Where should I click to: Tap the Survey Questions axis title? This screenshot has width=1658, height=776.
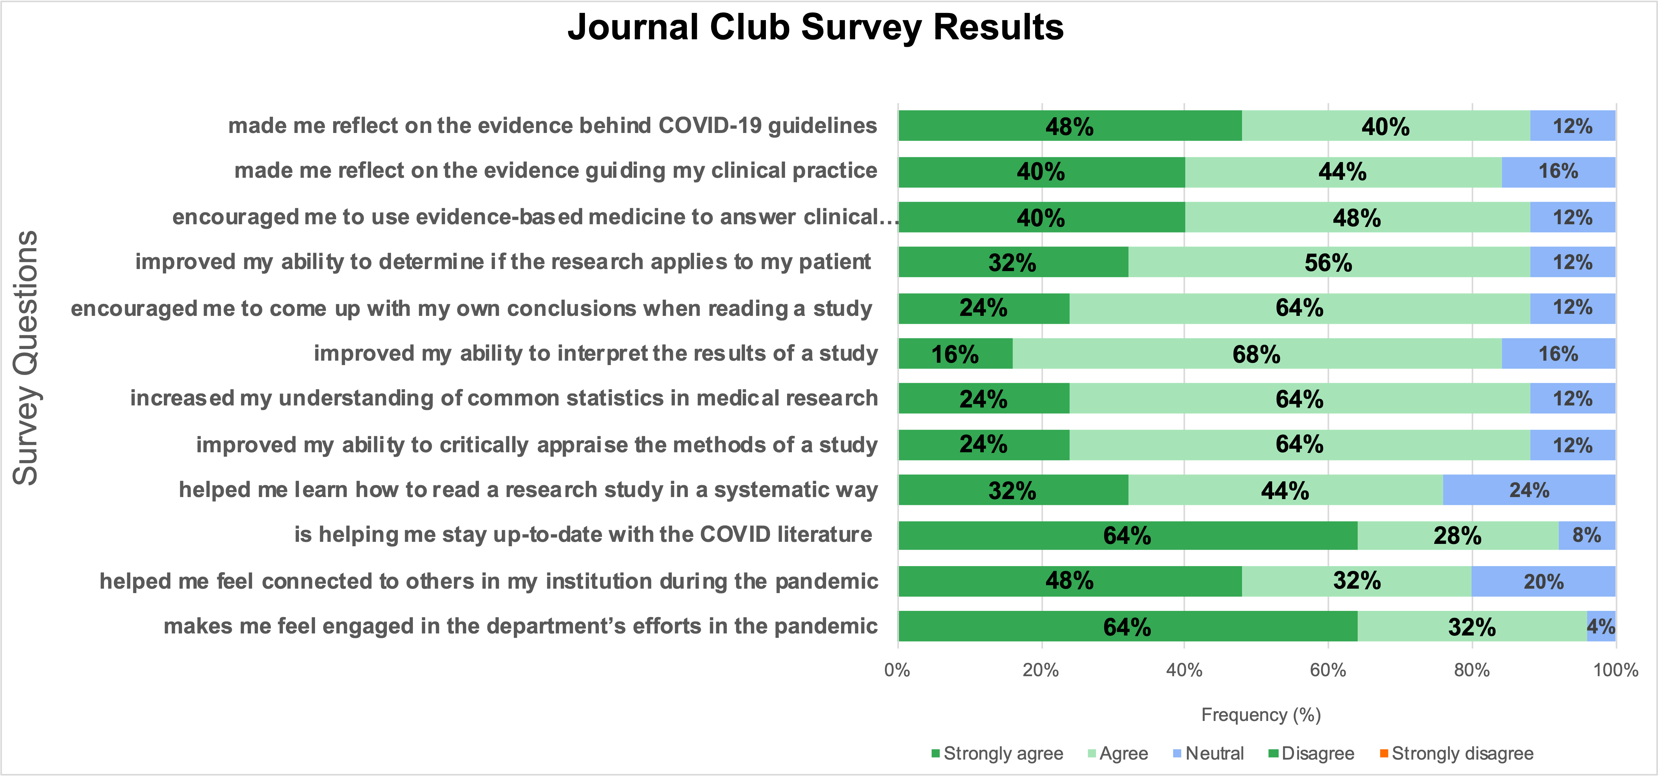[26, 358]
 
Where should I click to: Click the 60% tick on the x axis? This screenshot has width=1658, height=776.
[1328, 670]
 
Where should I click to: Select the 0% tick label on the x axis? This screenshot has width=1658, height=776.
[897, 670]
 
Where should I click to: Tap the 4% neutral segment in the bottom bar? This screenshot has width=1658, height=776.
[1601, 626]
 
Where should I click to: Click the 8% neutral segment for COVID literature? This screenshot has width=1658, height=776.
[1587, 535]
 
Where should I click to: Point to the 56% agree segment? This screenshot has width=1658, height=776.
[1329, 263]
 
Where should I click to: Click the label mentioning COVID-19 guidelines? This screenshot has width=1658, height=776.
[552, 125]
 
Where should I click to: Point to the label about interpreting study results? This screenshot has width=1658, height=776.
[595, 353]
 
